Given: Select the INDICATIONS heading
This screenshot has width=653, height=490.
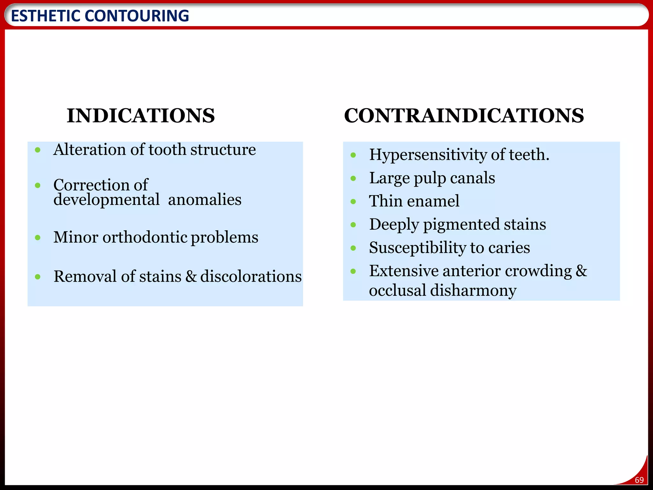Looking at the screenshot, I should [x=141, y=115].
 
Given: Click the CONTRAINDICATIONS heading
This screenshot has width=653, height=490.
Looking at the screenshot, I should [x=464, y=115].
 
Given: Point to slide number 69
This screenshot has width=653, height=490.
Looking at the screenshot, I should [x=639, y=480].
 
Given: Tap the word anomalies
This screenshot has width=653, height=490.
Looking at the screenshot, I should [x=204, y=200].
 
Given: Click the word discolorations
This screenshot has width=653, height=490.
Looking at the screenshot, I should [x=251, y=277].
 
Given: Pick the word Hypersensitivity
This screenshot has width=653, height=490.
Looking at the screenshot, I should [x=428, y=155].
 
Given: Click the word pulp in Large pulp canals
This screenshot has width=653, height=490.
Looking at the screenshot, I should [x=429, y=178].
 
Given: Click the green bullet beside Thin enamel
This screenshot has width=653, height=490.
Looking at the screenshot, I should [x=353, y=202].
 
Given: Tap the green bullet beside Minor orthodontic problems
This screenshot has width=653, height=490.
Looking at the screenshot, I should [x=38, y=238].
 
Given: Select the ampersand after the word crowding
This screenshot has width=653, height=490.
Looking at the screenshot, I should [x=581, y=271].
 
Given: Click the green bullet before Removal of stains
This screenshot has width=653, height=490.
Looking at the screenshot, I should [x=38, y=277].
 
